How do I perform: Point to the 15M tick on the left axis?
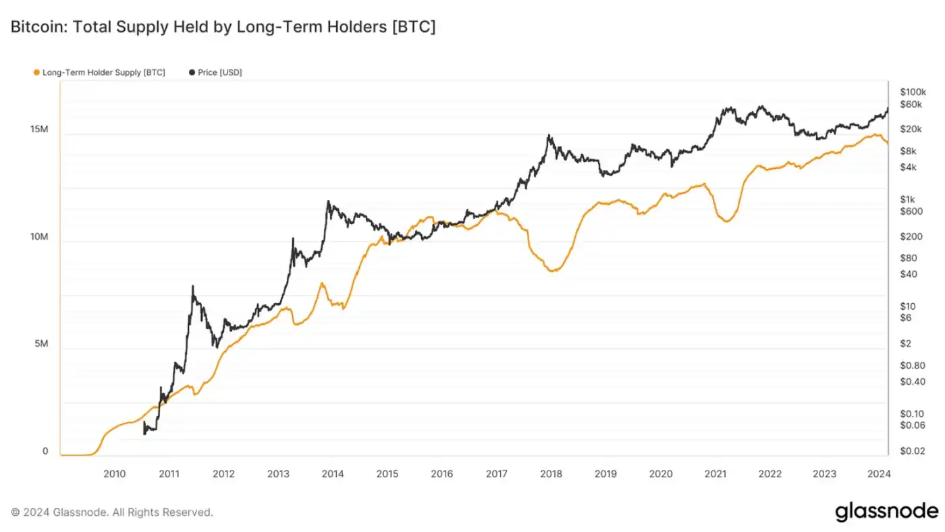(39, 129)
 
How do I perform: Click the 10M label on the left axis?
(39, 237)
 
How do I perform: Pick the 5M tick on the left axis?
(41, 344)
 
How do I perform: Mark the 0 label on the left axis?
(45, 452)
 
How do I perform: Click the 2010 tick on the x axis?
(114, 474)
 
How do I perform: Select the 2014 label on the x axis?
(333, 474)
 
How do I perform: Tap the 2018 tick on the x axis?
(551, 474)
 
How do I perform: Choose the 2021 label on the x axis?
(715, 474)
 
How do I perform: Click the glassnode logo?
(886, 512)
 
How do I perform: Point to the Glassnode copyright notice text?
(112, 512)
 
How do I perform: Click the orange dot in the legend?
(36, 72)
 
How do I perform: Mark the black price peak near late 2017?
(549, 136)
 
